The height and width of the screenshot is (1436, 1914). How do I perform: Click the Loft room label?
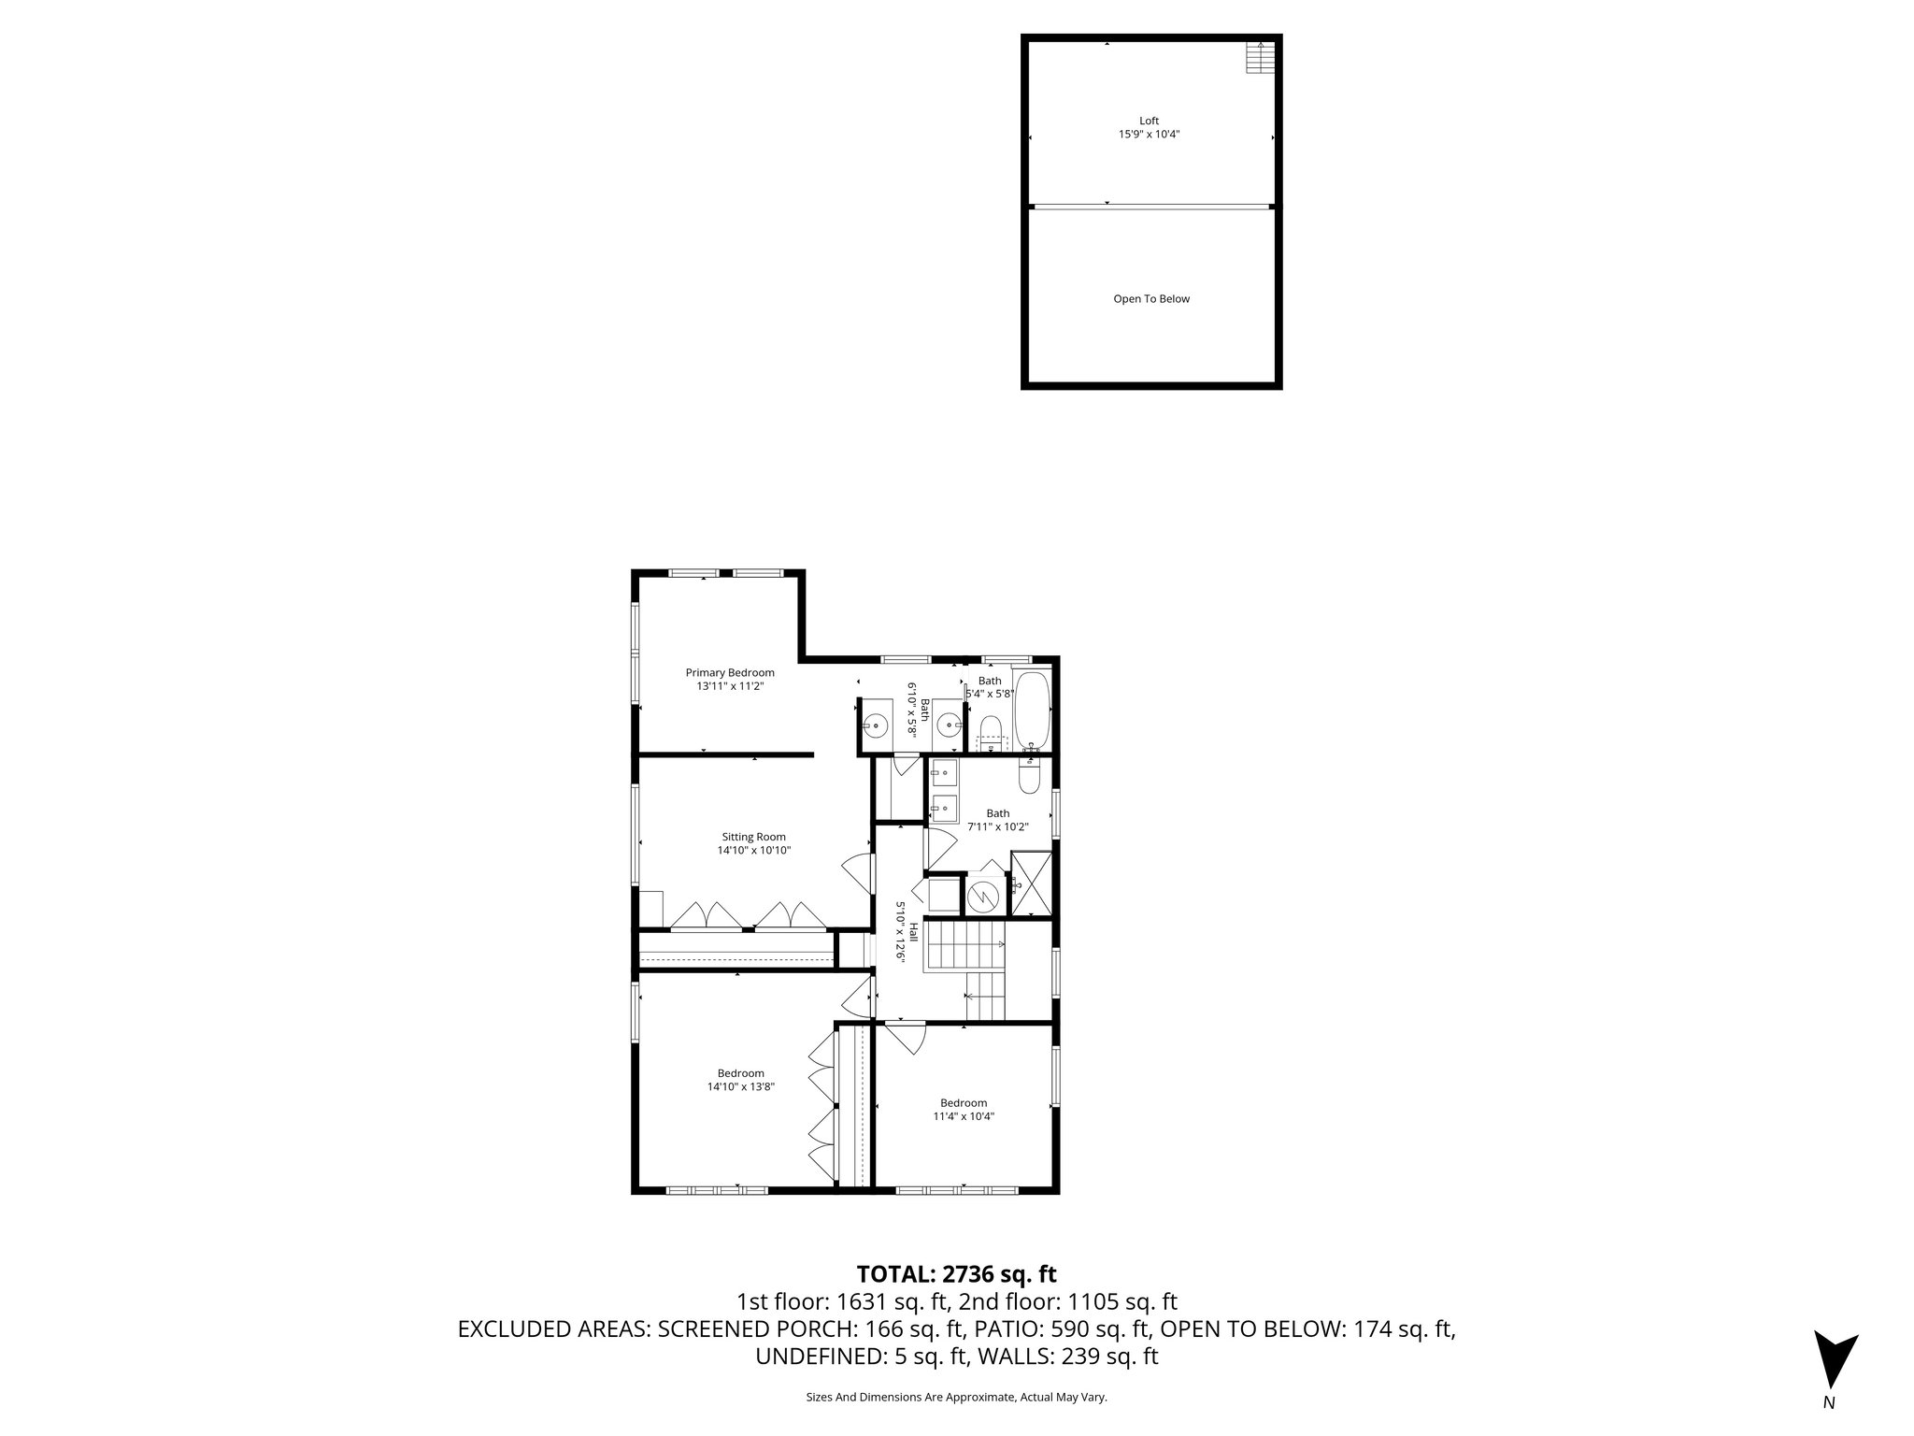1149,121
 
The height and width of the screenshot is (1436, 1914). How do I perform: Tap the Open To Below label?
1151,299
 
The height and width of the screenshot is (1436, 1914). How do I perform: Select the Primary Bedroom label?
730,672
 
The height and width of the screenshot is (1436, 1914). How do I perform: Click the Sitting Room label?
753,837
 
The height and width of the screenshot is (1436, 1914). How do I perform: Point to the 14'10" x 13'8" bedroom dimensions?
741,1086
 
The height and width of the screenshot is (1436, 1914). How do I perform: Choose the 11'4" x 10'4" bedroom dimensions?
964,1116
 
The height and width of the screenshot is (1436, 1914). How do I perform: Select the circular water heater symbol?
983,897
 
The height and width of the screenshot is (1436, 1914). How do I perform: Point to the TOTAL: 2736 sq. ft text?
956,1273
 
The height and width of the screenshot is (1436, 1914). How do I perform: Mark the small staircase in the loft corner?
1260,58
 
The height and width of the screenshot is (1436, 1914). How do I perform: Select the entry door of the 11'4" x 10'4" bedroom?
905,1036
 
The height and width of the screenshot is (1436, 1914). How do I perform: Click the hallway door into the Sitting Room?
857,871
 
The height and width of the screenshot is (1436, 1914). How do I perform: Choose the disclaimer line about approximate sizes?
956,1397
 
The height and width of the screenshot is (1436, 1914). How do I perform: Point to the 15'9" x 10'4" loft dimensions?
1149,135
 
